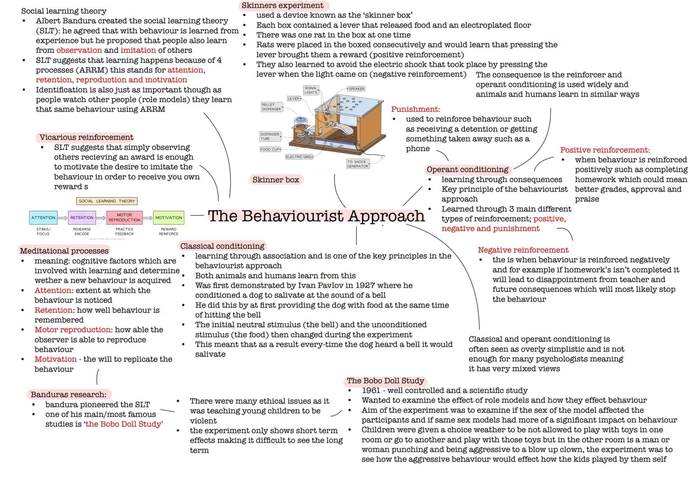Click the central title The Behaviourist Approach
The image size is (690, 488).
pos(316,216)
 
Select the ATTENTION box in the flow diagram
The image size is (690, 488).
pos(43,218)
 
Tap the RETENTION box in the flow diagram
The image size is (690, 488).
pos(82,218)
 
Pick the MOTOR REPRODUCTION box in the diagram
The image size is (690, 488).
pos(124,217)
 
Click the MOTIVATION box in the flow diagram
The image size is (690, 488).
pos(169,218)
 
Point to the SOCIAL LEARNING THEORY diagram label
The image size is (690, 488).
pos(107,201)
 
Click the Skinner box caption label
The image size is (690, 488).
pos(276,180)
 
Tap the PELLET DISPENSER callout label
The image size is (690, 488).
pos(271,107)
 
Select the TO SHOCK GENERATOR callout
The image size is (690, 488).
pos(357,164)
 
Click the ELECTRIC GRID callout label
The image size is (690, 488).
pos(299,157)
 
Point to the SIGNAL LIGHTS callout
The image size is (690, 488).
pos(311,90)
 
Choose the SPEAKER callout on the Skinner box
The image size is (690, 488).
pos(356,89)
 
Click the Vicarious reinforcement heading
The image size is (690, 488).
pos(86,137)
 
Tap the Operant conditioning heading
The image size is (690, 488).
pos(467,169)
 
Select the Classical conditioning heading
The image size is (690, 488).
pos(222,246)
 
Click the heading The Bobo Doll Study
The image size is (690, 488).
pos(385,381)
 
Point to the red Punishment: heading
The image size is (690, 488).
pos(415,109)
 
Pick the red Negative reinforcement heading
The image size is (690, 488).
pos(523,250)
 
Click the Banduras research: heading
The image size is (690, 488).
pos(68,394)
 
